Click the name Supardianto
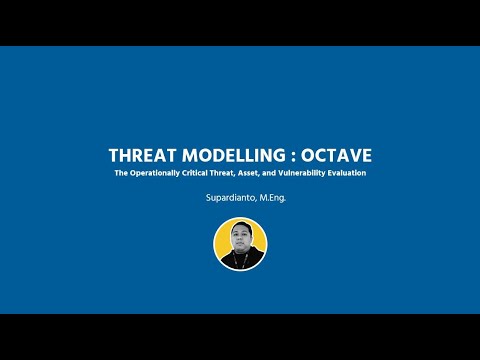[x=227, y=198]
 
